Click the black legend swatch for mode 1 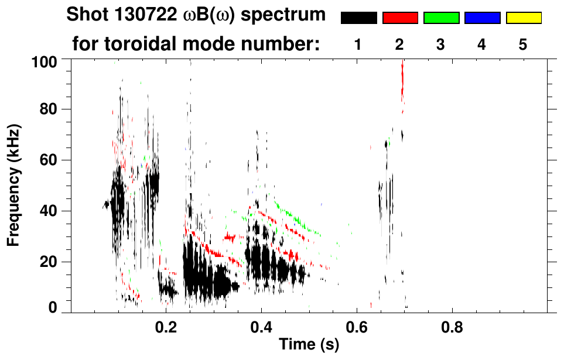pyautogui.click(x=359, y=18)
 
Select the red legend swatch pyautogui.click(x=400, y=18)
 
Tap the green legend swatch pyautogui.click(x=441, y=18)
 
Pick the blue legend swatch pyautogui.click(x=482, y=18)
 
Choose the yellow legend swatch pyautogui.click(x=524, y=18)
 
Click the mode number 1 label pyautogui.click(x=358, y=44)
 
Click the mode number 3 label pyautogui.click(x=440, y=44)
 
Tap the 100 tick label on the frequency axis pyautogui.click(x=45, y=61)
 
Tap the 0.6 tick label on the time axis pyautogui.click(x=356, y=325)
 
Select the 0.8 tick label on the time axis pyautogui.click(x=451, y=325)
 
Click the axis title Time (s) pyautogui.click(x=309, y=345)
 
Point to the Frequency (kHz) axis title pyautogui.click(x=14, y=185)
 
